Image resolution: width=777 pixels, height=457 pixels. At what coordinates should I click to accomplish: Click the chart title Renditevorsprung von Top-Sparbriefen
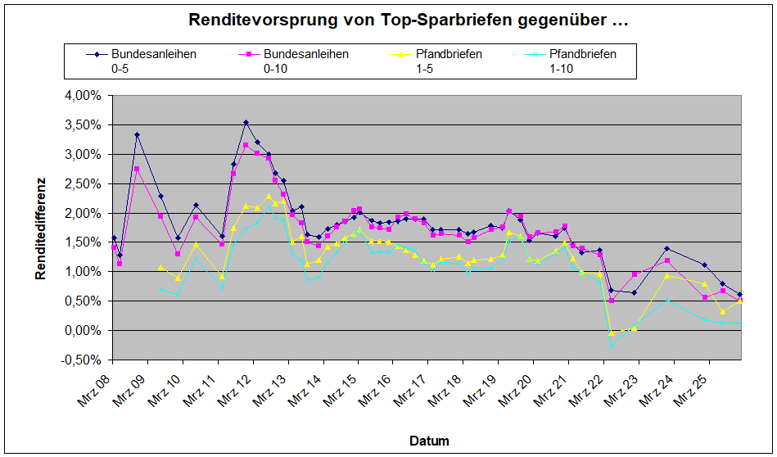(x=408, y=20)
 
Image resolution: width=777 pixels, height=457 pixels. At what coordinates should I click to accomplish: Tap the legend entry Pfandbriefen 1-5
(x=445, y=61)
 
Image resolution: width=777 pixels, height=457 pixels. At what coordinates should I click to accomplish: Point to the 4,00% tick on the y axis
(x=84, y=95)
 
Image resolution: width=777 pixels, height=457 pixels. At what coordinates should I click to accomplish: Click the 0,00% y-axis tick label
(x=84, y=330)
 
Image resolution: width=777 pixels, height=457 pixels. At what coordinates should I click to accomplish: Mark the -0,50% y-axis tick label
(x=82, y=360)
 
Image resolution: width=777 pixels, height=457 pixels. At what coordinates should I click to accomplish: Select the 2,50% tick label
(x=84, y=183)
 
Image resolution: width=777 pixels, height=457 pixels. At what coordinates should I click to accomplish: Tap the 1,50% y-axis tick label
(x=84, y=242)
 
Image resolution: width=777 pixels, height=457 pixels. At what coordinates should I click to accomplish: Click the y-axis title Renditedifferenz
(x=40, y=228)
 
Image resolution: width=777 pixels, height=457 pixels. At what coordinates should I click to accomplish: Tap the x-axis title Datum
(x=429, y=441)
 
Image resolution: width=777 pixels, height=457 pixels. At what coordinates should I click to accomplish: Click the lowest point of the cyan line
(x=611, y=345)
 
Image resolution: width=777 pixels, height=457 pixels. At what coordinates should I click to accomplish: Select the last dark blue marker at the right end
(x=740, y=295)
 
